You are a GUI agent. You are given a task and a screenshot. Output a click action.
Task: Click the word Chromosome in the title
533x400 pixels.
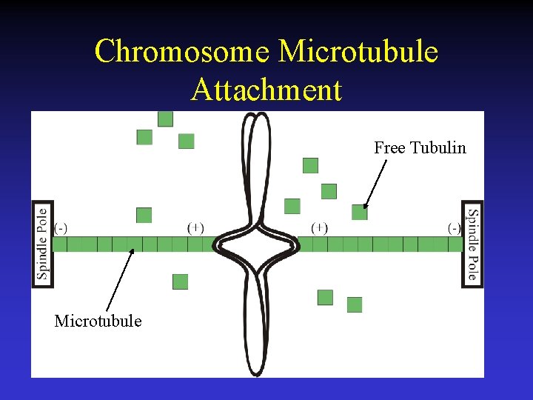coord(181,52)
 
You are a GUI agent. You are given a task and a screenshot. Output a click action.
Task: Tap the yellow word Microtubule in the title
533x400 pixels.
coord(358,52)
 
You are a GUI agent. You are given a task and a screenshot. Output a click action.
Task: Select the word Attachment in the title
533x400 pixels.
coord(266,90)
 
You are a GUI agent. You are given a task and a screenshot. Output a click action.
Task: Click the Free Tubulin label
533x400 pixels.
coord(420,147)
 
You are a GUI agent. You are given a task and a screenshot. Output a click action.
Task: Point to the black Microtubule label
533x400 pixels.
coord(98,321)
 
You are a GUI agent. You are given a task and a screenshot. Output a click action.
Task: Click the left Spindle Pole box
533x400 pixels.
coord(43,244)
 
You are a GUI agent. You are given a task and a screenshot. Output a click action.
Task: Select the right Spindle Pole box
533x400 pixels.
coord(472,244)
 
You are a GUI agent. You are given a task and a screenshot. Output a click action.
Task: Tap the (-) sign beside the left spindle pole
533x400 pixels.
coord(61,228)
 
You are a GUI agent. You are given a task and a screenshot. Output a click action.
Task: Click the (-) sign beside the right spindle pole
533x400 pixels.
coord(454,228)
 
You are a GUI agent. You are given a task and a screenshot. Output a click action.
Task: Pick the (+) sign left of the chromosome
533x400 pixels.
coord(196,227)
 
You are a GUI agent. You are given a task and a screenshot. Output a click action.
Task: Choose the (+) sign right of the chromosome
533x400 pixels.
coord(320,227)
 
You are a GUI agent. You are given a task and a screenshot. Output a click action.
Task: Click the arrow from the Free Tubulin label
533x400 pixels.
coord(375,184)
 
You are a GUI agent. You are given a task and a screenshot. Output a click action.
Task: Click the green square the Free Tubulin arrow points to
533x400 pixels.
coord(359,213)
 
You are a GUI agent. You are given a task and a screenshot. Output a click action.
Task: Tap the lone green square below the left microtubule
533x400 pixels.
coord(180,281)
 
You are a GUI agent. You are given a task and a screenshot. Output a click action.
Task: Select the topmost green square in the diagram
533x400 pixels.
coord(165,119)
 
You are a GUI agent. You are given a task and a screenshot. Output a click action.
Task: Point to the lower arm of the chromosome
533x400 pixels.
coord(255,326)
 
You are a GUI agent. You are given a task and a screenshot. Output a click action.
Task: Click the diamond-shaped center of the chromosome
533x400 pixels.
coord(255,244)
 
